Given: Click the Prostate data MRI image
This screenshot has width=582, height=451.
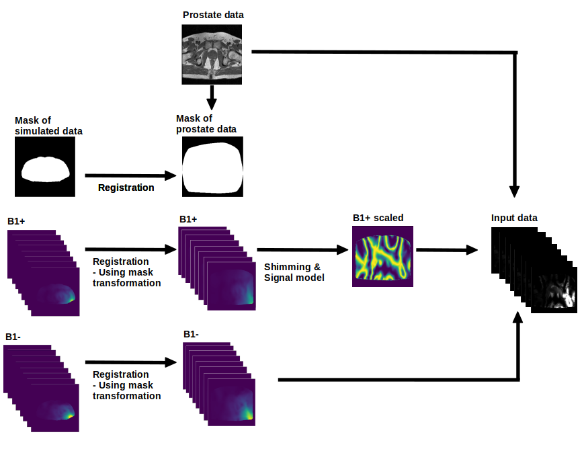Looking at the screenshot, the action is click(x=212, y=54).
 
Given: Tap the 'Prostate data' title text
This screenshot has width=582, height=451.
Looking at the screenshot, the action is click(x=213, y=15).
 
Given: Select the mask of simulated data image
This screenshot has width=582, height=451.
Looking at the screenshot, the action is click(x=45, y=167).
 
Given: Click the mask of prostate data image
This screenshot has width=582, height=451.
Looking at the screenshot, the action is click(x=212, y=167).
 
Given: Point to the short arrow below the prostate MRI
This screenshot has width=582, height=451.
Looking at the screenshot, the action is click(x=211, y=97).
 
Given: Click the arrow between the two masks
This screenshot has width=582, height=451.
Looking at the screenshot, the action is click(x=130, y=175).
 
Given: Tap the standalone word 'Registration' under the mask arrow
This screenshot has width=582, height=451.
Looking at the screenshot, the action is click(x=126, y=188).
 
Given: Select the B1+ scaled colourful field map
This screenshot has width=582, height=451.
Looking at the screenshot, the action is click(x=382, y=257).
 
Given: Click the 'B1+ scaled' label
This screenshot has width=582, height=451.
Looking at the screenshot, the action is click(x=378, y=218).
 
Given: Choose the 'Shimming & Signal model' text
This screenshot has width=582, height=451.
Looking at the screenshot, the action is click(x=294, y=272).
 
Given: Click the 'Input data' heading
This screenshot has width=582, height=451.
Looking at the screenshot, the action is click(x=514, y=218).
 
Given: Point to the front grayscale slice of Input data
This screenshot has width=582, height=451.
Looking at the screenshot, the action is click(x=554, y=290).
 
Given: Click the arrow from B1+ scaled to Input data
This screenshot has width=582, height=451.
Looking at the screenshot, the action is click(x=447, y=250).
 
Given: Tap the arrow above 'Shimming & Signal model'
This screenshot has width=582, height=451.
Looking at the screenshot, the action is click(x=302, y=249).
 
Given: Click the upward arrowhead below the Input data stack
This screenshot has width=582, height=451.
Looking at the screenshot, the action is click(x=517, y=318).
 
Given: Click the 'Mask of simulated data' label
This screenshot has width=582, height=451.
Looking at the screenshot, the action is click(x=48, y=126).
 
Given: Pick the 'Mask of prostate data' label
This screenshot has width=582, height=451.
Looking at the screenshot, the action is click(x=206, y=124).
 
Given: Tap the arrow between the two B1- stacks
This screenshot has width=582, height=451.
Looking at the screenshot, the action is click(x=130, y=362).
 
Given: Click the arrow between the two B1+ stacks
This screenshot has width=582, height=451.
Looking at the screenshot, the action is click(x=130, y=249).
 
